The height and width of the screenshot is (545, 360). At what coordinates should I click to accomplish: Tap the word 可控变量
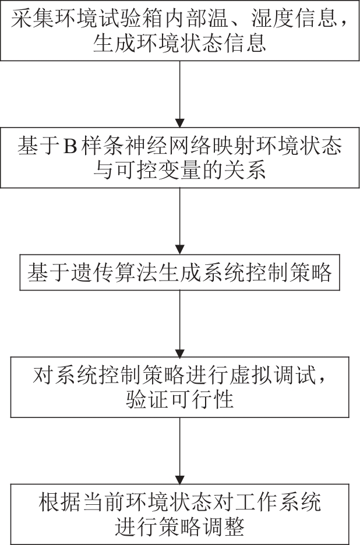click(x=159, y=171)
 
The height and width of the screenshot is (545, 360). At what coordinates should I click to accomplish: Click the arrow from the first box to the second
click(x=180, y=94)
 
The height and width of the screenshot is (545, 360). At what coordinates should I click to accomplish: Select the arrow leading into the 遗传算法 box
click(x=180, y=221)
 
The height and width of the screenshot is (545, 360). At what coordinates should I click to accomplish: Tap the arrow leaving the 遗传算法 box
click(x=180, y=324)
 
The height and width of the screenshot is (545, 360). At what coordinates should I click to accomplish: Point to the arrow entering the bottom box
click(x=180, y=451)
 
